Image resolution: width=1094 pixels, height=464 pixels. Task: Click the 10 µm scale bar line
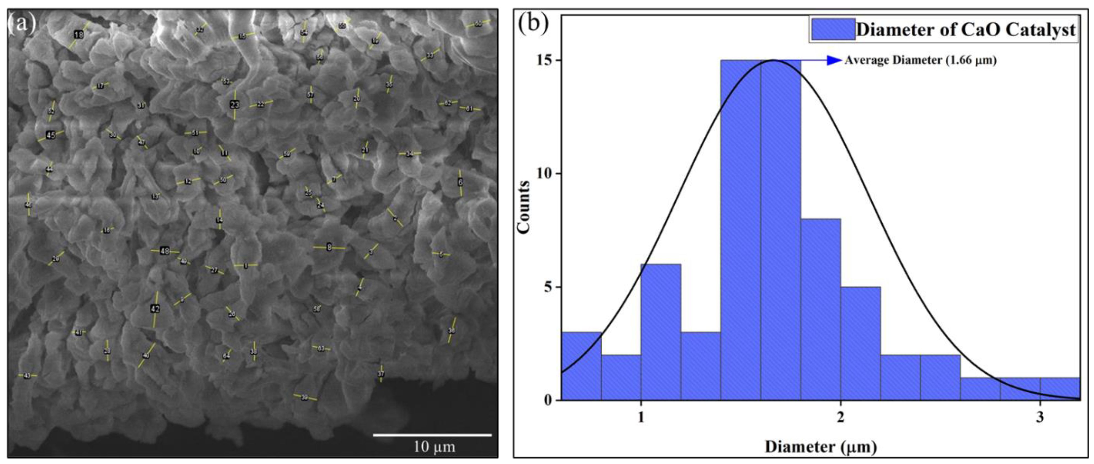[432, 435]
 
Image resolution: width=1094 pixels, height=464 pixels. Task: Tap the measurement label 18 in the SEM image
[79, 35]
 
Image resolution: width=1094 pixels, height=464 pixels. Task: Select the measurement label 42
[155, 309]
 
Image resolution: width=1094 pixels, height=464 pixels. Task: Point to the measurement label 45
[50, 135]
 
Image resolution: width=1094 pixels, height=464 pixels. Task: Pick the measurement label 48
[165, 251]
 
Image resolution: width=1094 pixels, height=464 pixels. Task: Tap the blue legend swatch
[833, 29]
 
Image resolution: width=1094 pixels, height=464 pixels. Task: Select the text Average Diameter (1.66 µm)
[920, 60]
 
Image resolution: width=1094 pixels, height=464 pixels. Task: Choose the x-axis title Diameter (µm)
[820, 447]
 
